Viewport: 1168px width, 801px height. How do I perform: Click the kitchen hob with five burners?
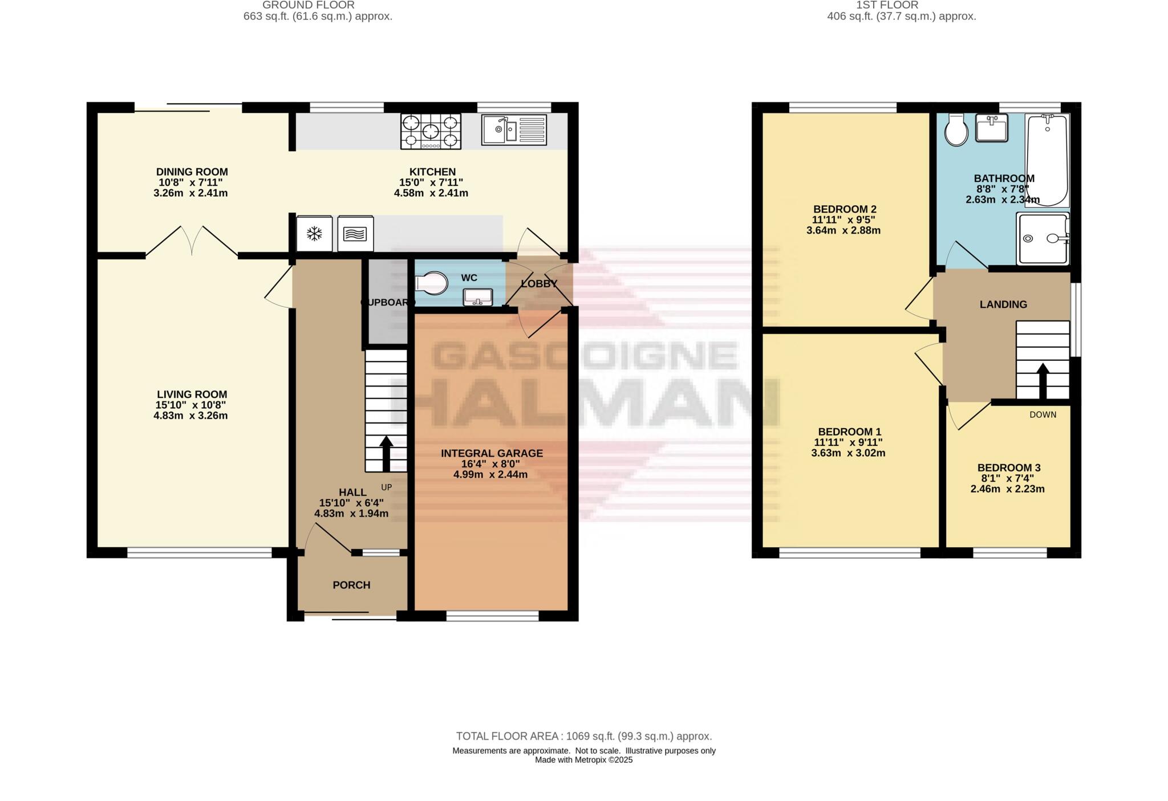click(x=431, y=131)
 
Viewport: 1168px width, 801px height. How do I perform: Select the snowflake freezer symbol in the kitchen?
click(x=314, y=233)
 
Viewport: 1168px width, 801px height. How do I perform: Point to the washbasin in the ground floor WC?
click(x=478, y=297)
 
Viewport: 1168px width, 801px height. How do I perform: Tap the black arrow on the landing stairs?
click(x=1042, y=381)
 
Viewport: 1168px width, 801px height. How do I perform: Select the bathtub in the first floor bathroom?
click(x=1047, y=160)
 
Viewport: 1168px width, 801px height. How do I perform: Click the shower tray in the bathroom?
click(x=1043, y=238)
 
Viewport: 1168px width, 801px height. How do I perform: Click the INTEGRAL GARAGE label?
click(x=492, y=453)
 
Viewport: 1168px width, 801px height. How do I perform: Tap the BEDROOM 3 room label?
click(x=1009, y=467)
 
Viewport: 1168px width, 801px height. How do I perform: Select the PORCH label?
click(x=351, y=585)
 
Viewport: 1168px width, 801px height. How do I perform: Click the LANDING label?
click(x=1003, y=304)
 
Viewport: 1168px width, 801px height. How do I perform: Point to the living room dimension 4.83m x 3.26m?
click(x=190, y=416)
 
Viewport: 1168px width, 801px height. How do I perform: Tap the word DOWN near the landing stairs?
click(x=1043, y=414)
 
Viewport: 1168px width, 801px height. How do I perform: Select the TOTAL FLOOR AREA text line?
click(x=583, y=736)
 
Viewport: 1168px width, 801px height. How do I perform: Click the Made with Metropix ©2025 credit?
click(x=583, y=760)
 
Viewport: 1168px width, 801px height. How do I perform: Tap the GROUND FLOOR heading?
click(x=309, y=5)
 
